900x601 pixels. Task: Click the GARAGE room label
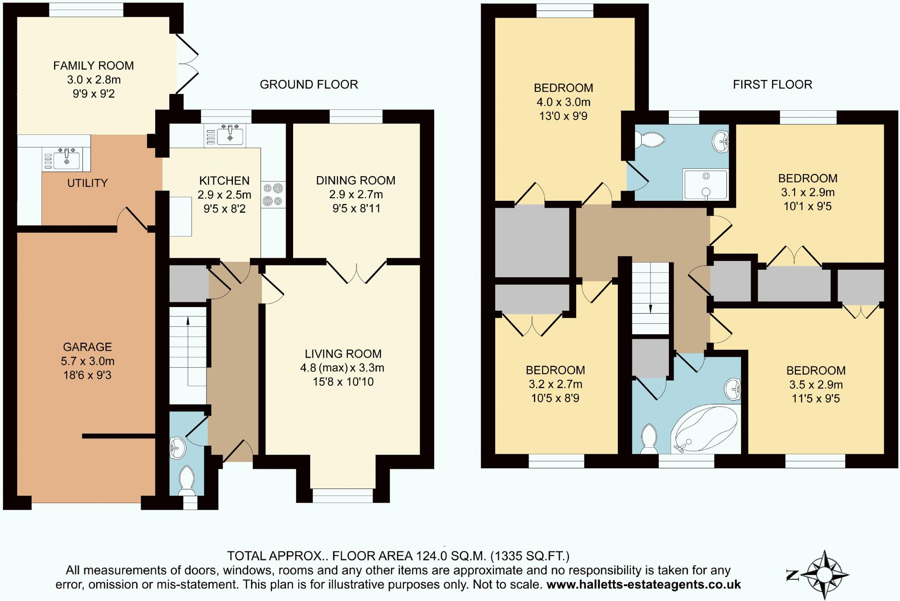pyautogui.click(x=87, y=347)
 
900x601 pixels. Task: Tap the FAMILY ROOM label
pyautogui.click(x=93, y=66)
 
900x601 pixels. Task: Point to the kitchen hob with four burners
pyautogui.click(x=273, y=195)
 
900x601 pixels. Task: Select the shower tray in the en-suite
pyautogui.click(x=705, y=184)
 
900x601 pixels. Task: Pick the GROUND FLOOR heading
pyautogui.click(x=308, y=84)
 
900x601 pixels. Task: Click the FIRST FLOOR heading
pyautogui.click(x=772, y=84)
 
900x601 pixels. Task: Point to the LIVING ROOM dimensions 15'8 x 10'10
pyautogui.click(x=343, y=382)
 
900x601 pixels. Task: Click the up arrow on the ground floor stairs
pyautogui.click(x=188, y=321)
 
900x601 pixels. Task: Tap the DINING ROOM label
pyautogui.click(x=356, y=181)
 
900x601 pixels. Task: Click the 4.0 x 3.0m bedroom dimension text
pyautogui.click(x=563, y=102)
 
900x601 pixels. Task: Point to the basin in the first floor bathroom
pyautogui.click(x=733, y=389)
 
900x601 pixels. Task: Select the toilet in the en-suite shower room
pyautogui.click(x=650, y=140)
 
